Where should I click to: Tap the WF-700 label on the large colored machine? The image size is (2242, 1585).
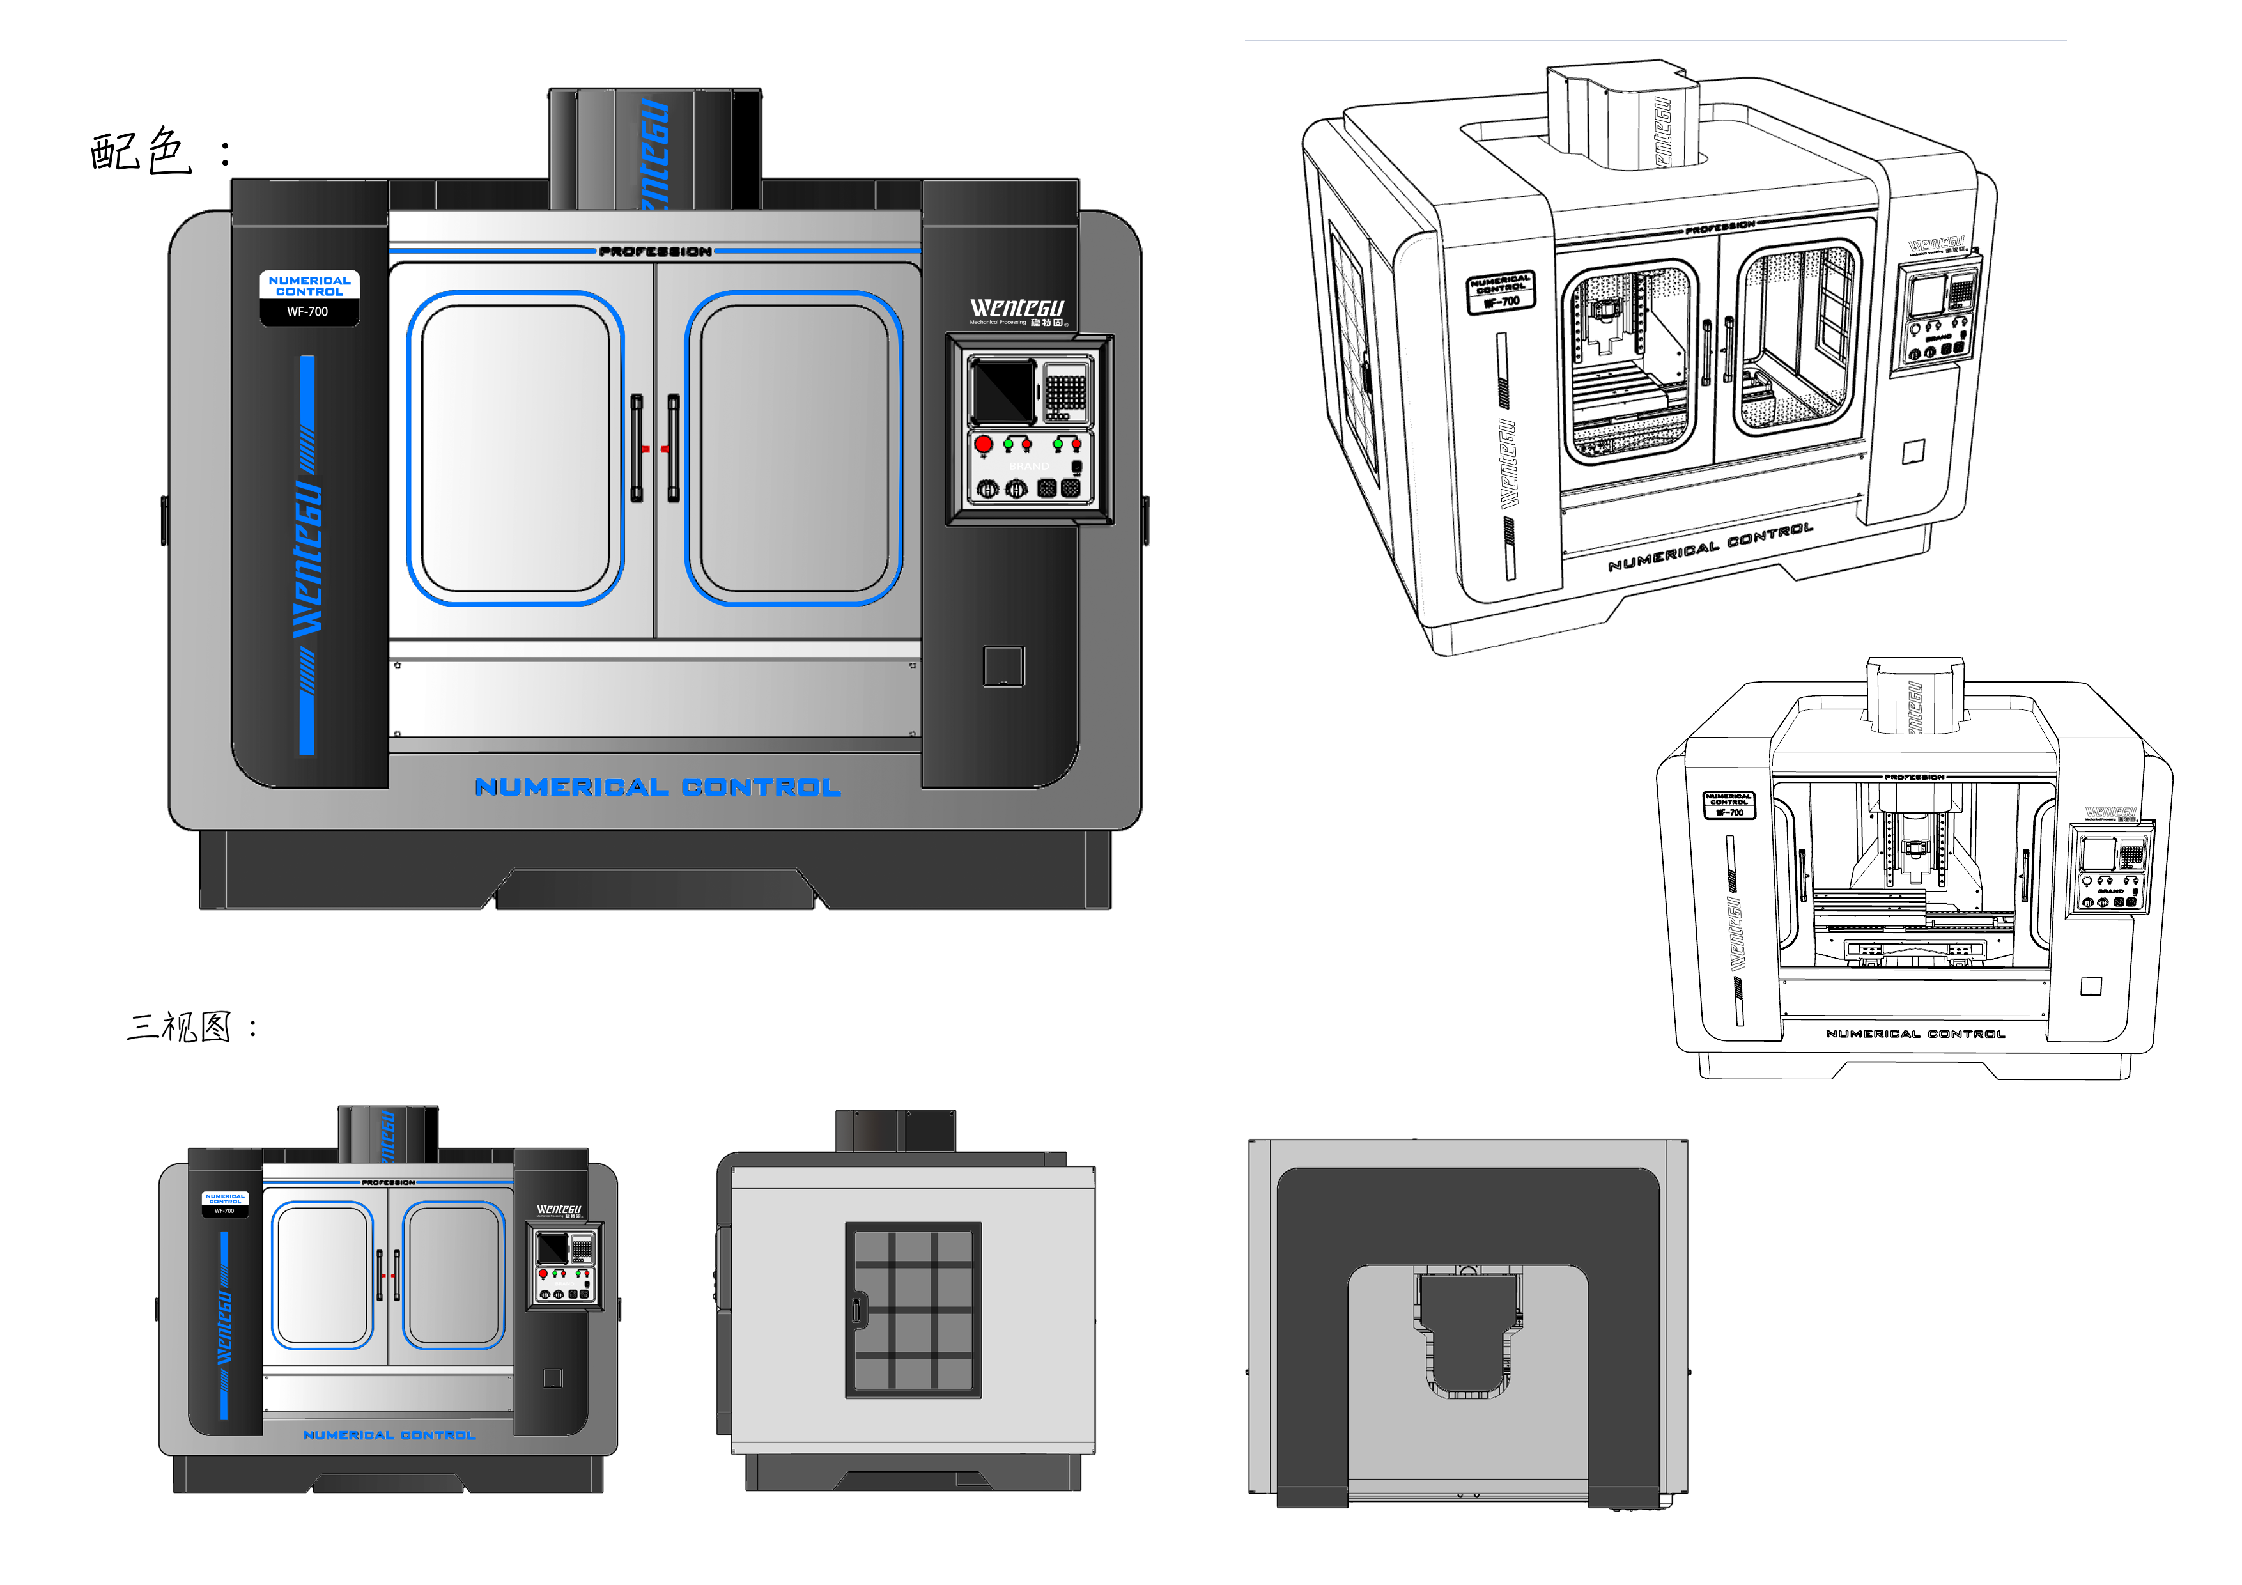click(x=307, y=311)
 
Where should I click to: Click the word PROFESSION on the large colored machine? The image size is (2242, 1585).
click(x=655, y=252)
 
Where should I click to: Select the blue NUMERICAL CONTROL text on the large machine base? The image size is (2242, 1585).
click(x=657, y=787)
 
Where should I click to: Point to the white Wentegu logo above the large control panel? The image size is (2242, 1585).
click(x=1017, y=309)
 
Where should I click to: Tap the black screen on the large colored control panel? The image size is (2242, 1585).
click(x=1002, y=390)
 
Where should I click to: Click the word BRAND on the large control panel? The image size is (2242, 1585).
click(x=1029, y=466)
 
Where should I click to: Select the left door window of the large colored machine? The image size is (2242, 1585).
click(x=516, y=448)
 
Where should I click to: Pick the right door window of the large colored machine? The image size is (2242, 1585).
click(x=794, y=448)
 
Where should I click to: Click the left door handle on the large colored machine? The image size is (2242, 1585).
click(x=637, y=448)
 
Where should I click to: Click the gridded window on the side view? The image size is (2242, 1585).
click(x=913, y=1310)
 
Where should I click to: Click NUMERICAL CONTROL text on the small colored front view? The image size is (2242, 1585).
click(x=389, y=1435)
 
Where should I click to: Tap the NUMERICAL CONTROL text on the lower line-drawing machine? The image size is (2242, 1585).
click(x=1915, y=1033)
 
